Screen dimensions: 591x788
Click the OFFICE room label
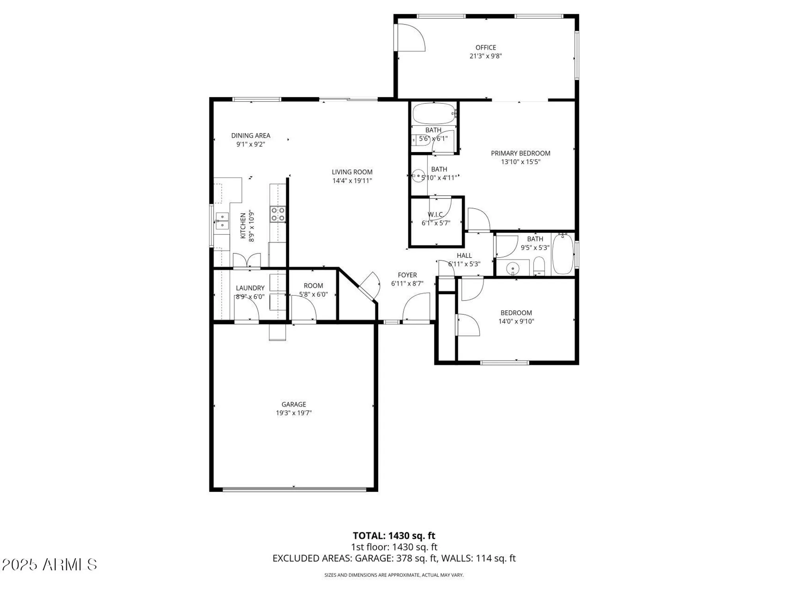[x=485, y=48]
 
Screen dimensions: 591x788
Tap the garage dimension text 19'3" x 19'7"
[x=294, y=413]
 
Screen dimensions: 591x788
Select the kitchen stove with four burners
[x=278, y=214]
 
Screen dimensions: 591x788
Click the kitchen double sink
[x=222, y=221]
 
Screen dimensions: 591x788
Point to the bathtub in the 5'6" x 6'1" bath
[x=434, y=113]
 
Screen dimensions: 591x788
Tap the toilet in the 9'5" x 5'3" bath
[x=539, y=266]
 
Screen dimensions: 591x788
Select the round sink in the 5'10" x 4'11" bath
[x=418, y=175]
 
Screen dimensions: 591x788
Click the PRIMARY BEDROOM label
[x=520, y=153]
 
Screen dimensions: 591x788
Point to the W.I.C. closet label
[x=436, y=214]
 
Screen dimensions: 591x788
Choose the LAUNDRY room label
[x=250, y=288]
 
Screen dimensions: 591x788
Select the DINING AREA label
[x=251, y=136]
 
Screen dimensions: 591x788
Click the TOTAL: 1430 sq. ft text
[x=394, y=535]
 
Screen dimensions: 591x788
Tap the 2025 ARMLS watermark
[x=50, y=565]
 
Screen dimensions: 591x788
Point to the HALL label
[x=464, y=256]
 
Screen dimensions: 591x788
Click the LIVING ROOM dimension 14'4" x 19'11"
[x=352, y=181]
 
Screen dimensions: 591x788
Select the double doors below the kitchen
[x=247, y=261]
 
